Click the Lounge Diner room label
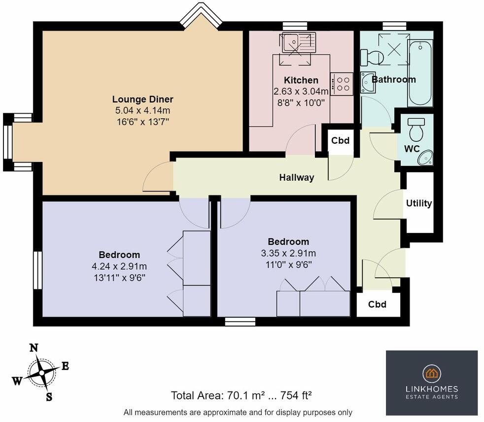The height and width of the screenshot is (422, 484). point(142,99)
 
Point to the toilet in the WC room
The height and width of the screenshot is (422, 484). point(416,129)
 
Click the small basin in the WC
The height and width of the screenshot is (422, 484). point(425,157)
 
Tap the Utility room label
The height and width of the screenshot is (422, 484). point(419,203)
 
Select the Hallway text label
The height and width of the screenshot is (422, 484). point(297,177)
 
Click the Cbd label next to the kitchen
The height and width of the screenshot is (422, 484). point(340,140)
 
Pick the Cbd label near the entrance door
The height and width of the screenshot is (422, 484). point(377,304)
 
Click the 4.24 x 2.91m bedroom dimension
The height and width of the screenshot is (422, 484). point(119,266)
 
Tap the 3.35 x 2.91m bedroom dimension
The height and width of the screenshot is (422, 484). point(288,254)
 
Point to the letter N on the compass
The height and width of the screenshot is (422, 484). point(34,348)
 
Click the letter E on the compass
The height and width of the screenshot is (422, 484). point(65,366)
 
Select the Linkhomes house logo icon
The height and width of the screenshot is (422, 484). point(432,373)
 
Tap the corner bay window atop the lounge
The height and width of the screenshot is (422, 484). point(201,15)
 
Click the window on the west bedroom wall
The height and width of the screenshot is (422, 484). point(37,270)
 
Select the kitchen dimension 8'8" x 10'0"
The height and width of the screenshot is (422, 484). point(301,103)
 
